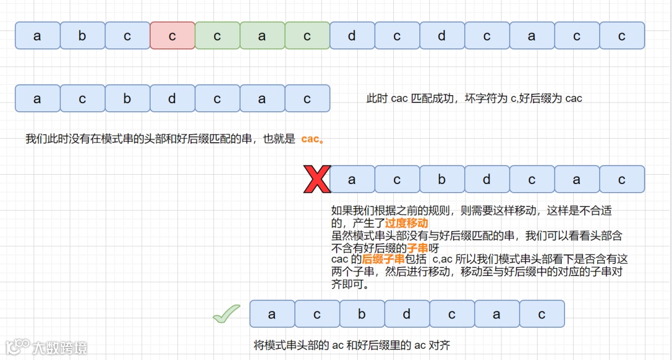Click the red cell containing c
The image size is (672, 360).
point(172,35)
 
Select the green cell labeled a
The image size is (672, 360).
point(262,35)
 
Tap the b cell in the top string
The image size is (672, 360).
point(82,35)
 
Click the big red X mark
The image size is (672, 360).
point(316,179)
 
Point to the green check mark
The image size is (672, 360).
point(226,314)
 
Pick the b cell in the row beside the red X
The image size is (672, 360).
point(442,179)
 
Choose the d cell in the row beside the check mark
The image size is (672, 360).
point(407,314)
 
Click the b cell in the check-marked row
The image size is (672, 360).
point(362,314)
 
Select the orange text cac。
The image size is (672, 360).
point(312,139)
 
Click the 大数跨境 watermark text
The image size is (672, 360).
point(60,347)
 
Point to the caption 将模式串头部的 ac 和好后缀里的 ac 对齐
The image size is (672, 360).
point(352,344)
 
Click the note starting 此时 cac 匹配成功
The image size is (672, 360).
point(474,98)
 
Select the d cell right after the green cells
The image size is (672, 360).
point(352,35)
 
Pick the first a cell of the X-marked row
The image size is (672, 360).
point(352,179)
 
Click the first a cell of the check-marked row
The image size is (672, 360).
point(272,314)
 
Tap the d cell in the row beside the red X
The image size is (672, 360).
point(487,179)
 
